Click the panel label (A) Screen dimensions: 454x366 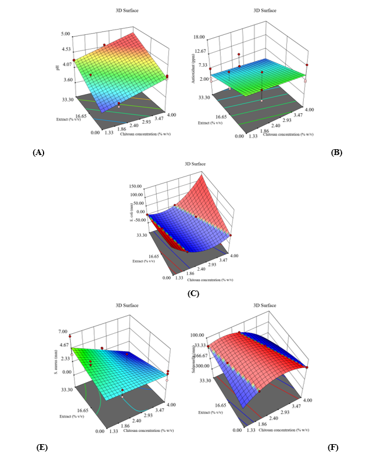point(38,152)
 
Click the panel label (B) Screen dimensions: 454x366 point(336,152)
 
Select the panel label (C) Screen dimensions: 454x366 point(193,293)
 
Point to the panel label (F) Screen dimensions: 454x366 point(333,446)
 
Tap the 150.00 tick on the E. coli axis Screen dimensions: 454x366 point(137,187)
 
